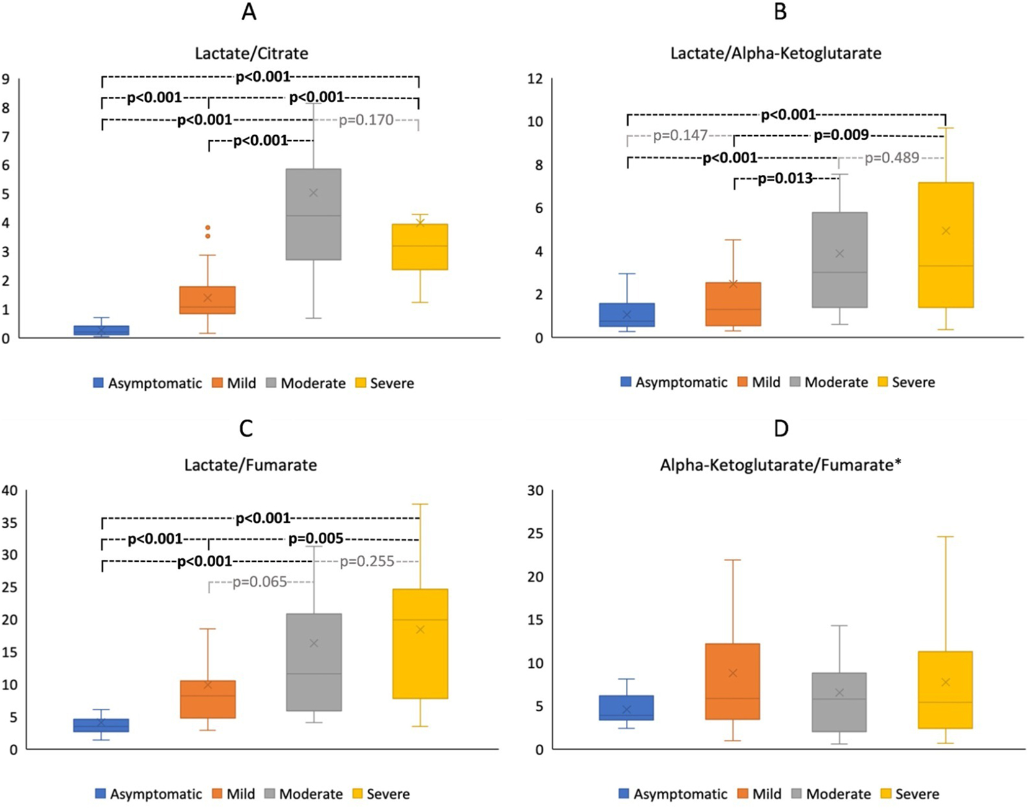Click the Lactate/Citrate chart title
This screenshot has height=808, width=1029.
pyautogui.click(x=251, y=53)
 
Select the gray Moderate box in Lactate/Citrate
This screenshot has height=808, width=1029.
pyautogui.click(x=313, y=214)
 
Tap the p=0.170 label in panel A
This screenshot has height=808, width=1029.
pyautogui.click(x=366, y=120)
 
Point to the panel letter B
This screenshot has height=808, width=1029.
pyautogui.click(x=780, y=11)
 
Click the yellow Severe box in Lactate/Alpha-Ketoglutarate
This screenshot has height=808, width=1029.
pyautogui.click(x=945, y=245)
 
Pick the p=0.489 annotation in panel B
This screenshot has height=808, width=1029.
pyautogui.click(x=891, y=158)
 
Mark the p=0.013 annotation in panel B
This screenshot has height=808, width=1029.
pyautogui.click(x=785, y=179)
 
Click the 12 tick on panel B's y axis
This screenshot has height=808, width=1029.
pyautogui.click(x=535, y=79)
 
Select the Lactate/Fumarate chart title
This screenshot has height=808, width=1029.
pyautogui.click(x=251, y=465)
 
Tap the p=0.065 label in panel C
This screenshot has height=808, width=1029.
pyautogui.click(x=260, y=582)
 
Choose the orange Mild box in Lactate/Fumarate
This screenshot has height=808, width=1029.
pyautogui.click(x=208, y=699)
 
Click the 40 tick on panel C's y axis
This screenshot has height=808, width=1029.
pyautogui.click(x=10, y=491)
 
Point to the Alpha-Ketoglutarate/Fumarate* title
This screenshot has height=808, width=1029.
pyautogui.click(x=780, y=465)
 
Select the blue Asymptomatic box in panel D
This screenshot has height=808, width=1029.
pyautogui.click(x=626, y=708)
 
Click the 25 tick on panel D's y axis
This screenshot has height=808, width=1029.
pyautogui.click(x=535, y=534)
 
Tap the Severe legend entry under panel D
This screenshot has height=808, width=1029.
pyautogui.click(x=909, y=794)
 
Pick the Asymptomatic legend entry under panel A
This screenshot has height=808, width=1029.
pyautogui.click(x=148, y=383)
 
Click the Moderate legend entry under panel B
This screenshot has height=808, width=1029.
pyautogui.click(x=829, y=382)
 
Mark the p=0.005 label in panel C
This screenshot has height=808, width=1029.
pyautogui.click(x=316, y=539)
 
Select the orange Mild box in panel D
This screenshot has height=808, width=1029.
pyautogui.click(x=733, y=681)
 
